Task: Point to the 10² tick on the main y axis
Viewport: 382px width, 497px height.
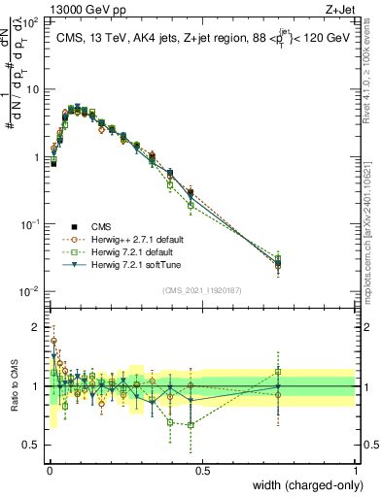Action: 31,20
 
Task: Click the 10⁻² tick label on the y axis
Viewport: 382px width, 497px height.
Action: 29,292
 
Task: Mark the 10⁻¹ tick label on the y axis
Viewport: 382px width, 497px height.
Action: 29,224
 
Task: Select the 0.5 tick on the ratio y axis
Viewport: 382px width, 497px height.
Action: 31,446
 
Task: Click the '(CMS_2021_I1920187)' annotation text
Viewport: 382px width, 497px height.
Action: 202,289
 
